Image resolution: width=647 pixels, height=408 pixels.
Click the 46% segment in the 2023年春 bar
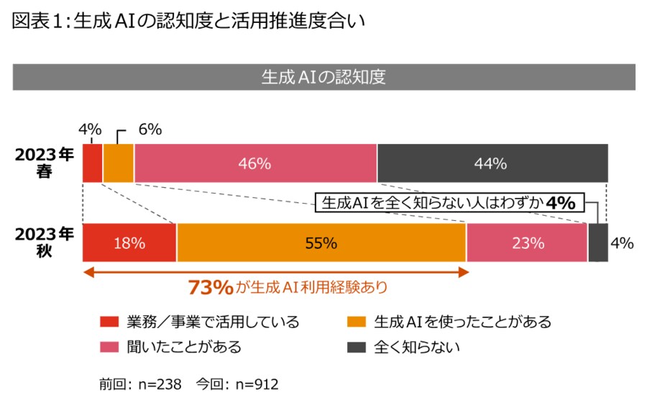255,163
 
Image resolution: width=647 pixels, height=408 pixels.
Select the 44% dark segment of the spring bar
492,163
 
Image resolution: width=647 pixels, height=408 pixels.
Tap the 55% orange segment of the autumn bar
321,243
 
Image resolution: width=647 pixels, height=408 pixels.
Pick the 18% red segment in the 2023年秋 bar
129,243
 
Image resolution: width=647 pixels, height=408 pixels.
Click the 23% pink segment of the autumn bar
527,243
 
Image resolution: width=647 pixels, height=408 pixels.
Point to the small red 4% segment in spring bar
93,163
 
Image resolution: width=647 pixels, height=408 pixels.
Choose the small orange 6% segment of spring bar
119,163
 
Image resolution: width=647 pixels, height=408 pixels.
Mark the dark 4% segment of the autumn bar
598,243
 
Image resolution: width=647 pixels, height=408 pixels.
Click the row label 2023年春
45,163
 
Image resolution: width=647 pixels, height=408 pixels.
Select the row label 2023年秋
45,243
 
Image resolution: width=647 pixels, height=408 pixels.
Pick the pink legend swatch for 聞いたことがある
108,347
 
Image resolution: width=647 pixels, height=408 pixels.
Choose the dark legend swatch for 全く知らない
357,347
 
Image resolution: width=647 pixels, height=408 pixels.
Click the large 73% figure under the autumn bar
210,288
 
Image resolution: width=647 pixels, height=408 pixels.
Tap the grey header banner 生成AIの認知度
323,77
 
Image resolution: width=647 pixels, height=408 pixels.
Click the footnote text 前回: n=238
139,384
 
